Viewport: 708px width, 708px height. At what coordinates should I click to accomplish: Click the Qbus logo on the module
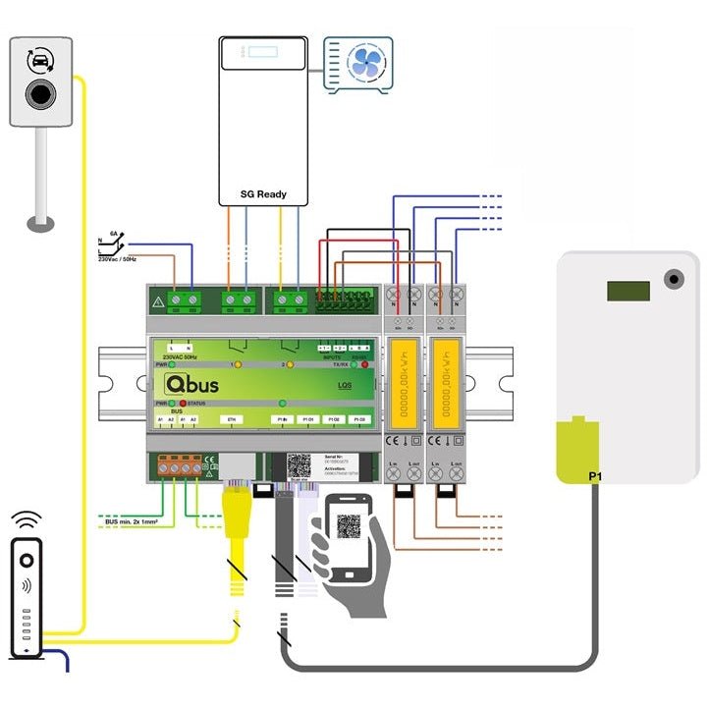(192, 383)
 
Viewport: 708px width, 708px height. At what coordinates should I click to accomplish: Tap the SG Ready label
(263, 193)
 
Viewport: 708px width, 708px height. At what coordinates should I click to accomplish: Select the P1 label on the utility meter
(595, 476)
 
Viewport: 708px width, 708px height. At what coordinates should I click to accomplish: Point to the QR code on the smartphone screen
(348, 525)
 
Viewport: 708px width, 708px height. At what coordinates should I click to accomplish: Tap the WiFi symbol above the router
(26, 517)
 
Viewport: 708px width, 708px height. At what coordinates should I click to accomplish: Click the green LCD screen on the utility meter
(627, 291)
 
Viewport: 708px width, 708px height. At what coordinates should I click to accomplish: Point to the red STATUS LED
(183, 404)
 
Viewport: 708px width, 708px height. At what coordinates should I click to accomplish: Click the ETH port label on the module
(232, 419)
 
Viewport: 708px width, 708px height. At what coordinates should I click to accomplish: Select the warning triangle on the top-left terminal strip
(157, 300)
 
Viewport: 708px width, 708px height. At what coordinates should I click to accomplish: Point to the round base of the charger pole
(40, 224)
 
